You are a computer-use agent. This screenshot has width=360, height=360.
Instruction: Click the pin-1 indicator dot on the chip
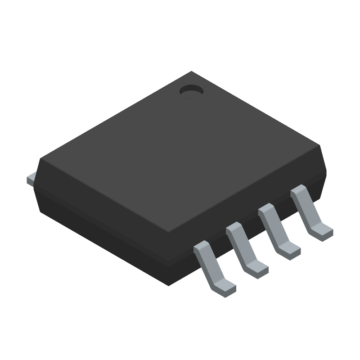(x=191, y=92)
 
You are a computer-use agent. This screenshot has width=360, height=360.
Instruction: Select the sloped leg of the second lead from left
(x=243, y=248)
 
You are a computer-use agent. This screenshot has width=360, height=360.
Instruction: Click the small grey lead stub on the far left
(x=31, y=179)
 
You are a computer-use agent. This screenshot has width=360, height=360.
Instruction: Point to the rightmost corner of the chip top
(x=322, y=147)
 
